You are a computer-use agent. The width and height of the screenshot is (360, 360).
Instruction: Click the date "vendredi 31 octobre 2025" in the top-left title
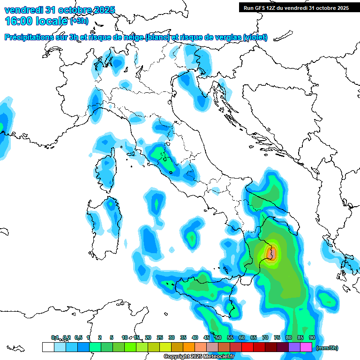tap(59, 10)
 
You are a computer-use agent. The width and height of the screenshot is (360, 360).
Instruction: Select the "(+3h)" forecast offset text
tap(79, 21)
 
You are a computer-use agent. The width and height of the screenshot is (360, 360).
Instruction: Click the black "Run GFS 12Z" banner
tap(296, 8)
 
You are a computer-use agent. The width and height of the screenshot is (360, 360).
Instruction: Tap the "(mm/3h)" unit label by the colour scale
tap(327, 348)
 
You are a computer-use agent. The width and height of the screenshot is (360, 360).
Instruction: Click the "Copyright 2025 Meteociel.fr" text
tap(199, 357)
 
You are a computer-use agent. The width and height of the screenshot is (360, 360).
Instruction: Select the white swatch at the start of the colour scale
tap(48, 347)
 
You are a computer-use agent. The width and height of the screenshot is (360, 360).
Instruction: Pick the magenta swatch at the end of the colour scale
tap(306, 347)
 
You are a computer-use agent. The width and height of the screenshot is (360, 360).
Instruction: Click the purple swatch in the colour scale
tap(294, 347)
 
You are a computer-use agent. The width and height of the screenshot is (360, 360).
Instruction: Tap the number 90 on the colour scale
tap(312, 337)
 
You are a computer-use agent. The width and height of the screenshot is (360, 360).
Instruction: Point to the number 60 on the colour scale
tap(241, 337)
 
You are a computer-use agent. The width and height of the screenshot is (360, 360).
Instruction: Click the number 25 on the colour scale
tap(159, 337)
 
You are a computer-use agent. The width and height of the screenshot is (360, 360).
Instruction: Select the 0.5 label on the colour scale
tap(78, 337)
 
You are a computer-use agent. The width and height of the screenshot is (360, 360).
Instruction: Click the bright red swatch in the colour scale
tap(247, 347)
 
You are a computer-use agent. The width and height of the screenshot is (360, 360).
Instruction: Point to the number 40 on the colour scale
tap(195, 337)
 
